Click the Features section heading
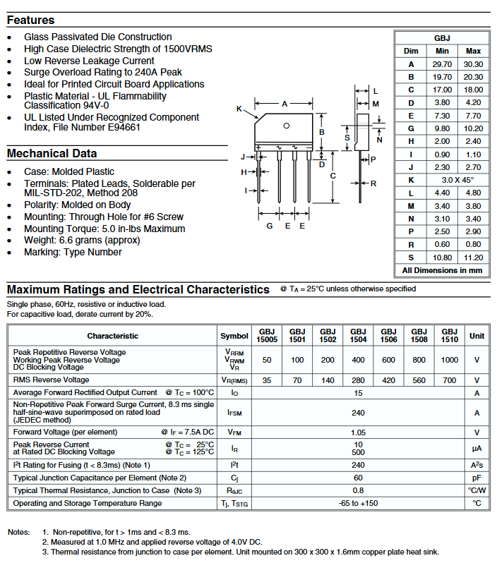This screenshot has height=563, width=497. tap(31, 20)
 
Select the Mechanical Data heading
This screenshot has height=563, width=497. tap(52, 154)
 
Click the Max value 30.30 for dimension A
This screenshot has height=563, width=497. tap(473, 64)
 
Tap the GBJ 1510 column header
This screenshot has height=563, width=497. tap(449, 335)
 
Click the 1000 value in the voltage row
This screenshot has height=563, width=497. tap(449, 360)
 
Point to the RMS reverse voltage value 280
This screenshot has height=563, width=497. tap(358, 380)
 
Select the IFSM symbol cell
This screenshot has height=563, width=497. tap(234, 413)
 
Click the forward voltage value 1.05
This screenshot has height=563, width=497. tap(358, 432)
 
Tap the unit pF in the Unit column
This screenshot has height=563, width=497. tap(477, 478)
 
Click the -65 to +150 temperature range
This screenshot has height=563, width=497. tap(358, 503)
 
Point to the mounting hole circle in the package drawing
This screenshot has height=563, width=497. tap(286, 126)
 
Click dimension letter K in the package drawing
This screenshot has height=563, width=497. tap(239, 109)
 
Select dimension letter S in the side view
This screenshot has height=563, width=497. tap(347, 138)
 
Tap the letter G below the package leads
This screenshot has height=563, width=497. tap(270, 226)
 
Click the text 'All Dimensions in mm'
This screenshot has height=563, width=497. tap(442, 270)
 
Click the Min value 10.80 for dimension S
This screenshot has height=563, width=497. tap(442, 258)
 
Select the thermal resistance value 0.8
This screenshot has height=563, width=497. tap(358, 490)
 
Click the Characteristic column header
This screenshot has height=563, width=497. tap(113, 336)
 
